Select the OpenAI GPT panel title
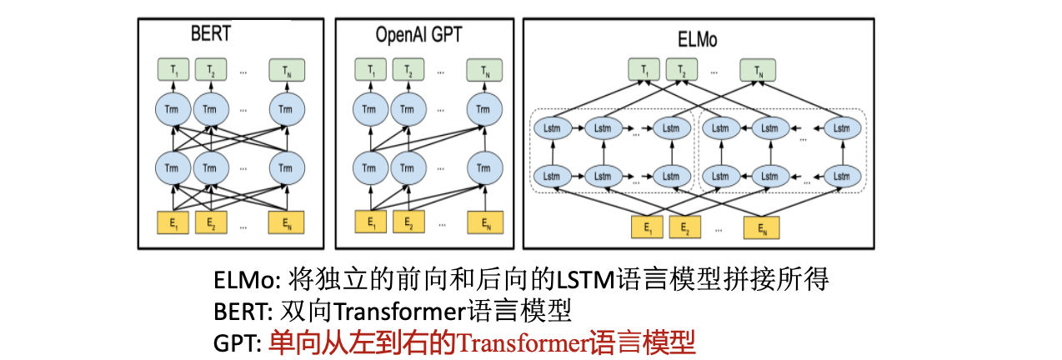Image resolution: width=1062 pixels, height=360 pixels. (418, 36)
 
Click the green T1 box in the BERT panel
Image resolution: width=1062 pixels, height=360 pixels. (173, 70)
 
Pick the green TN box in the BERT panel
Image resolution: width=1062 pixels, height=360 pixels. (286, 70)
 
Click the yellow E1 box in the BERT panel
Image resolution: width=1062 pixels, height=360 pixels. (173, 222)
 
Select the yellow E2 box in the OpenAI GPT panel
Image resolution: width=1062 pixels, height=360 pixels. (408, 222)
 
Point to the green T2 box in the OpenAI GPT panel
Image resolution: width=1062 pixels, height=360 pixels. (408, 70)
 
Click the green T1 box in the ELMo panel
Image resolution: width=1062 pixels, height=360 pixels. (645, 70)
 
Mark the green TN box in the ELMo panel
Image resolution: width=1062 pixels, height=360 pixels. (758, 70)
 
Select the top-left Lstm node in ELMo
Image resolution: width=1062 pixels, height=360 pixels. (551, 128)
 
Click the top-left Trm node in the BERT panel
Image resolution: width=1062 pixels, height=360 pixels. (173, 109)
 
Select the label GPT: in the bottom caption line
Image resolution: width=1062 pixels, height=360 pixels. (238, 342)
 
